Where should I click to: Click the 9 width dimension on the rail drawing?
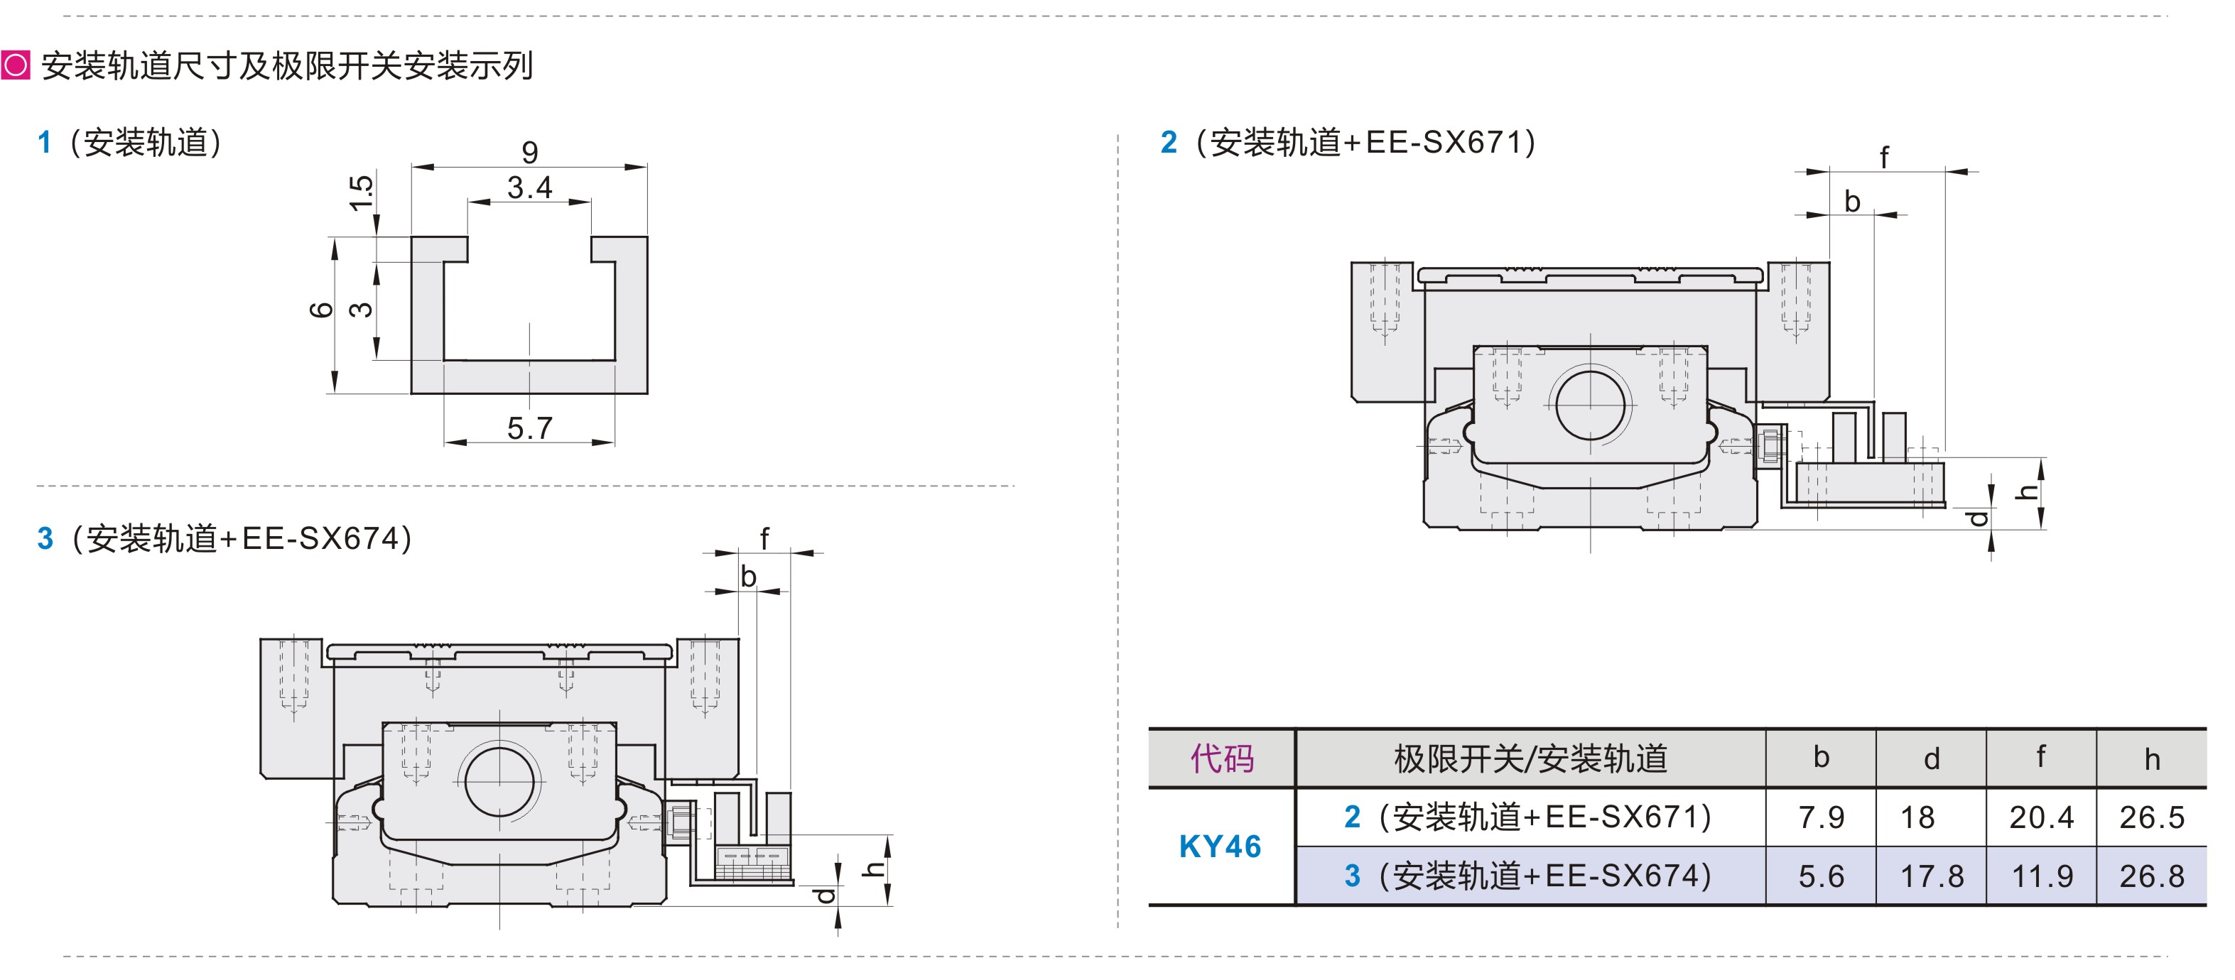click(529, 153)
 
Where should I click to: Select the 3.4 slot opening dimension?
click(529, 187)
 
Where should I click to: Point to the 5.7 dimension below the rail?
click(529, 428)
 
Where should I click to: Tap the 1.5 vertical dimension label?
click(362, 192)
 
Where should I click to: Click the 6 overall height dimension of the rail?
click(322, 310)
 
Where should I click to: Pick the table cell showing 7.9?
click(1821, 817)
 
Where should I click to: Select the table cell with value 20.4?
click(2042, 817)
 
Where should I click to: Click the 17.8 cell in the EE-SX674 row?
click(1932, 876)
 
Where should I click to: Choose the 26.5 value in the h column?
click(2152, 817)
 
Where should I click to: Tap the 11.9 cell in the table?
click(2042, 876)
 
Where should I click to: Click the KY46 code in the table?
click(1220, 846)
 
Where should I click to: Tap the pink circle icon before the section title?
click(16, 65)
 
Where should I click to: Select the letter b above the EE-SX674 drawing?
click(748, 577)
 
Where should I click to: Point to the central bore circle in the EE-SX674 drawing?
click(499, 780)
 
